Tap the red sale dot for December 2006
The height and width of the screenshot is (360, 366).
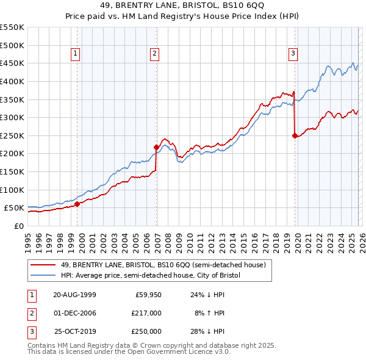[x=156, y=147]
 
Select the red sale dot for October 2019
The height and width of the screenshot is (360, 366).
[x=295, y=135]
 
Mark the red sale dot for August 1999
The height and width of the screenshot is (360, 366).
[x=77, y=204]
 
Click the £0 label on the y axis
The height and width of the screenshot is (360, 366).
[x=19, y=226]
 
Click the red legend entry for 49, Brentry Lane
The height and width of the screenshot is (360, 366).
[x=162, y=265]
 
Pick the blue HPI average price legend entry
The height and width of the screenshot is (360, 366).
[x=150, y=276]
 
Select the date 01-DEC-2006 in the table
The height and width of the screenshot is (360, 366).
[x=74, y=313]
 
